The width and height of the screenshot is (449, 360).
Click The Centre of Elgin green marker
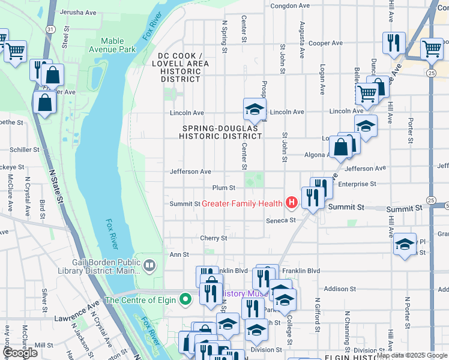click(186, 298)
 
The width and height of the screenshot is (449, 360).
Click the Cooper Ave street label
click(325, 43)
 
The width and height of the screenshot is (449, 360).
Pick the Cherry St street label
click(214, 238)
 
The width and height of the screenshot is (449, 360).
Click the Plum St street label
click(223, 188)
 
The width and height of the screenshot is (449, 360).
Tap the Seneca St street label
click(282, 220)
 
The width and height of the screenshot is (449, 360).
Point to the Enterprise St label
click(357, 184)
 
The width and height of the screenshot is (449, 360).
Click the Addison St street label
click(337, 289)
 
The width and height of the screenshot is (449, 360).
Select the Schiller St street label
click(25, 150)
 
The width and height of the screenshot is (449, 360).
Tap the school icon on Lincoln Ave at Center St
click(254, 109)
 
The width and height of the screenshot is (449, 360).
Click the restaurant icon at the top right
click(394, 42)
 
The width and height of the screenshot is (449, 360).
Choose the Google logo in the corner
click(20, 353)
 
